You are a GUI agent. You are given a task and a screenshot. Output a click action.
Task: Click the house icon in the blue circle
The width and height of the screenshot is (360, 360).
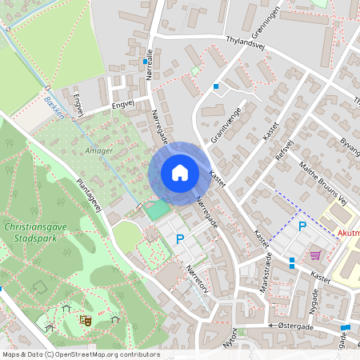point(179,172)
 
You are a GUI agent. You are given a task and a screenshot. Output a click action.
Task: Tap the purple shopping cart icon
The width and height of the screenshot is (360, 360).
point(316,255)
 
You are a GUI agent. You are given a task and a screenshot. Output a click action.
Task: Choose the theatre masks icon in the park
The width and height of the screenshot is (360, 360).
point(85,320)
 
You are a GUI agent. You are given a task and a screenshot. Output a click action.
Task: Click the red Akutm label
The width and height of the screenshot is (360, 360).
point(347,234)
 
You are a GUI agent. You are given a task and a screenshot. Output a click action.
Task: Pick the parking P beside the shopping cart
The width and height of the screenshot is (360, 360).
point(302,227)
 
